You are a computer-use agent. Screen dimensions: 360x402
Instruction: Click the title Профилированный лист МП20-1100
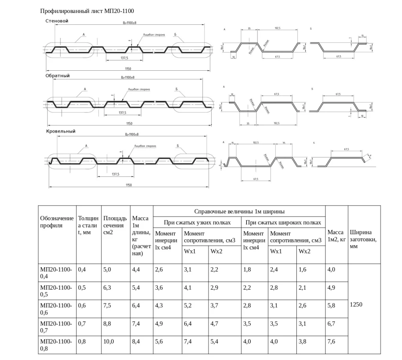(89, 11)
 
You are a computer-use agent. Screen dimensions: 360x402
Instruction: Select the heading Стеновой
(57, 21)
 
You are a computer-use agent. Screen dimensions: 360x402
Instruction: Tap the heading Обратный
(58, 75)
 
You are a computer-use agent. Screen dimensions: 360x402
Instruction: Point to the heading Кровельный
(60, 131)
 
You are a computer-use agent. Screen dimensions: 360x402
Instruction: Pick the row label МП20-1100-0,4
(56, 273)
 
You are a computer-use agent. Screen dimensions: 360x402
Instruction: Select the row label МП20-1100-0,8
(56, 345)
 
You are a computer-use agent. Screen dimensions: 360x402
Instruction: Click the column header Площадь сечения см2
(115, 225)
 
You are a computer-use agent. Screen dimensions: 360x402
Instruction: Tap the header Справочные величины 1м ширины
(239, 211)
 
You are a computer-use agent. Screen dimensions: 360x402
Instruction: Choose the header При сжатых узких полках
(197, 223)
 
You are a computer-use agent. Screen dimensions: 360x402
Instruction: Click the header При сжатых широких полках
(283, 223)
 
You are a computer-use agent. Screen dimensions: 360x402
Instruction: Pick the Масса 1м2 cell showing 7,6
(331, 342)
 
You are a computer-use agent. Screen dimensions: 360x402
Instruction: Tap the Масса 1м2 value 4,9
(331, 287)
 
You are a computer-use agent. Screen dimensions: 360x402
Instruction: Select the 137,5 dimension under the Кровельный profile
(116, 174)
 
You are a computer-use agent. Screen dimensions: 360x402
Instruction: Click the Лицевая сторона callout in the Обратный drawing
(139, 89)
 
